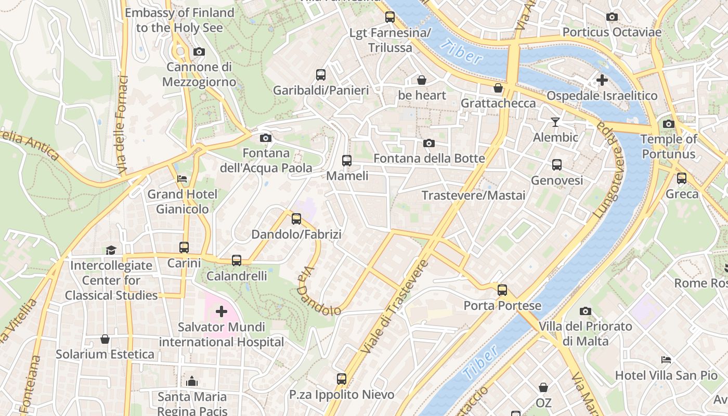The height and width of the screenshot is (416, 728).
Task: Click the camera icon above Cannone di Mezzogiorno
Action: coord(199,52)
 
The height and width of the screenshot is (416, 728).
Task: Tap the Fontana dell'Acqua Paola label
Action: coord(266,161)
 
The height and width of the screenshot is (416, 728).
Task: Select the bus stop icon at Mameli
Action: coord(347,161)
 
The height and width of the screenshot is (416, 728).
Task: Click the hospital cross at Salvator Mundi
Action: coord(222,311)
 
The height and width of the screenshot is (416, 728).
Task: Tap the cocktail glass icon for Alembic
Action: coord(555,122)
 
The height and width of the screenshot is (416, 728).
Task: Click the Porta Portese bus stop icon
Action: coord(502,290)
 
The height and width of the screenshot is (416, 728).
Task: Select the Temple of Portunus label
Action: coord(668,147)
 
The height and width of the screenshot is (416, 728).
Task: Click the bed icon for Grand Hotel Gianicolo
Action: coord(182,179)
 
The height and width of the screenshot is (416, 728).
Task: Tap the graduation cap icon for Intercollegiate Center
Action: coord(111,251)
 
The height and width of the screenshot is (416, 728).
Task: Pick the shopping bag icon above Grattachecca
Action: coord(498,88)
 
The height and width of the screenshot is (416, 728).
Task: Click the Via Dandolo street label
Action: coord(318,292)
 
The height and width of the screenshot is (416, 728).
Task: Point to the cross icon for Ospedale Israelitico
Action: coord(602,80)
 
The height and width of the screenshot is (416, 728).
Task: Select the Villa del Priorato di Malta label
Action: coord(586,334)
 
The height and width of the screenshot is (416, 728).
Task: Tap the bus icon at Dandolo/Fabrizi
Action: coord(296,219)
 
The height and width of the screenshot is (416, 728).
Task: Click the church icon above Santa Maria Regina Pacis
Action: coord(192,381)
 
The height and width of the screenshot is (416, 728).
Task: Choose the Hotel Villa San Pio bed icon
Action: coord(666,360)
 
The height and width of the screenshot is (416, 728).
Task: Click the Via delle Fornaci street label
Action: coord(123,125)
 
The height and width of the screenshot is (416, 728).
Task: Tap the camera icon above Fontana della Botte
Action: coord(429,144)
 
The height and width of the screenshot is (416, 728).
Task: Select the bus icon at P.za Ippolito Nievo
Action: coord(342,379)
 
